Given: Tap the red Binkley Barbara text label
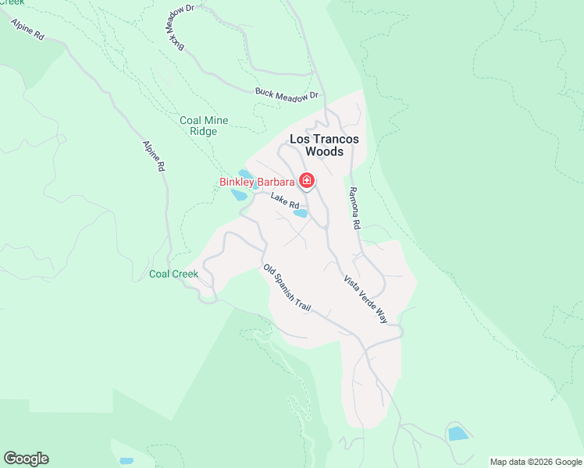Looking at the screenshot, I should coord(256,183).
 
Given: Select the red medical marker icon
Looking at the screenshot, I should coord(307,183).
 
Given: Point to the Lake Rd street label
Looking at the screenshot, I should coord(285,200).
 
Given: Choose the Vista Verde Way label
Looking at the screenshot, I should coord(365,299).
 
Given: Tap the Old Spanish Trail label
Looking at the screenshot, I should coord(287,288).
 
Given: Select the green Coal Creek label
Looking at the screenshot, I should coord(173,274).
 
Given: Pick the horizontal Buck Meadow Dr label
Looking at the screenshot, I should coord(287,93).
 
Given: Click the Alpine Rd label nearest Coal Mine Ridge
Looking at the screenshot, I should coord(154,155).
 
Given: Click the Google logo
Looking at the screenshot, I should coord(26,459).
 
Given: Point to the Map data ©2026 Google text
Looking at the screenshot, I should coord(535,462).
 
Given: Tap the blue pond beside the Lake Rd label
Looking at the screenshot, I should coord(300,213).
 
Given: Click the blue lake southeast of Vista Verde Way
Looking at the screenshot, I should coord(458,434).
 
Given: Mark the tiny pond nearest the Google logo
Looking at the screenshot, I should coord(126,461).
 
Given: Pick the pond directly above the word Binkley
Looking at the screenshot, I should coord(245,173).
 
